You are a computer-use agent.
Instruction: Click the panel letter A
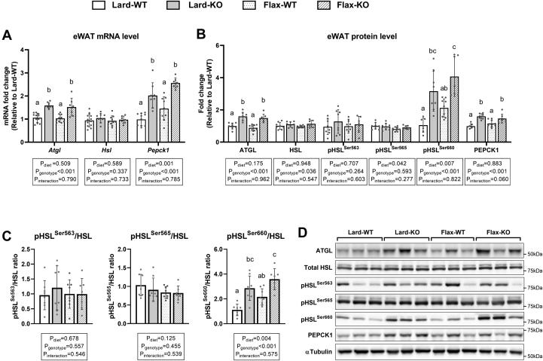[6, 34]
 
